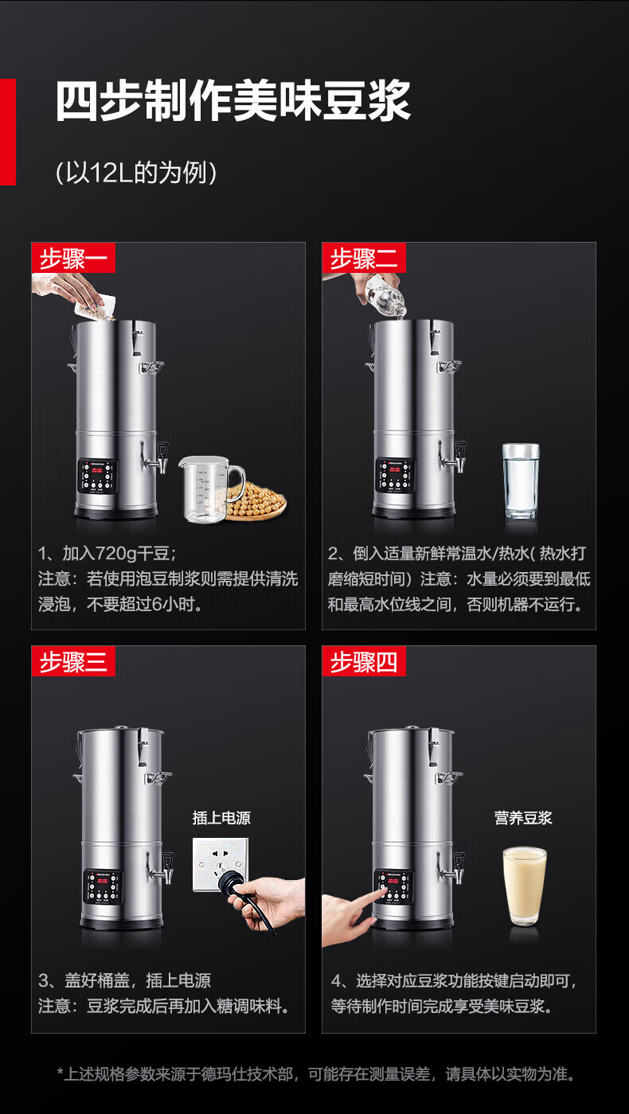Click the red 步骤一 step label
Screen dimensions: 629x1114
(73, 258)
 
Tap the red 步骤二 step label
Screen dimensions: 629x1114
(364, 258)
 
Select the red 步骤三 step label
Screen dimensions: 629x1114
(73, 661)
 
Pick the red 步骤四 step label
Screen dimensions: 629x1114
(364, 661)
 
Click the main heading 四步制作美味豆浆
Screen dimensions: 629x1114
(232, 101)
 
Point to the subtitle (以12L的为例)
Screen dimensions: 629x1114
(136, 173)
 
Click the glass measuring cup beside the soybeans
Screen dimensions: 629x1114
(211, 489)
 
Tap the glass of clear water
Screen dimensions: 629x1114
(521, 481)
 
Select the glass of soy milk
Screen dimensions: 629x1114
(525, 886)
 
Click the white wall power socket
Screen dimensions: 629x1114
(220, 864)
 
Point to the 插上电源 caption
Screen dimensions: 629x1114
(221, 818)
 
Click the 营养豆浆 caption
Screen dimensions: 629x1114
(523, 818)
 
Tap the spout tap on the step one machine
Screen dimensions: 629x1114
(156, 458)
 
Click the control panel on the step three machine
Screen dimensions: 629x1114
(102, 886)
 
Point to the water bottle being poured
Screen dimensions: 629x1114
(384, 294)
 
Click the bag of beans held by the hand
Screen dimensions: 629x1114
(97, 307)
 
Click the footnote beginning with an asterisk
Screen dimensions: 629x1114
(316, 1073)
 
